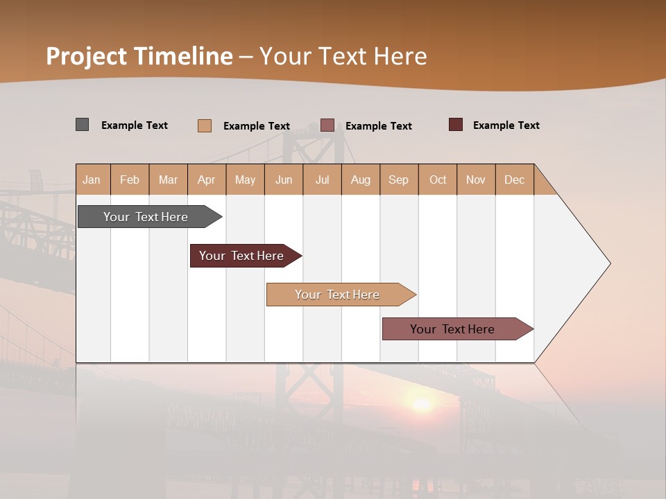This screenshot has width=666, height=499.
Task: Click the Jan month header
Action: click(x=92, y=180)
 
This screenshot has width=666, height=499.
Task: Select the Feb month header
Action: click(x=130, y=180)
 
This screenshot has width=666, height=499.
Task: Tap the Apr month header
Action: click(x=206, y=180)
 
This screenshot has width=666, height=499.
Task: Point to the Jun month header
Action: click(x=284, y=180)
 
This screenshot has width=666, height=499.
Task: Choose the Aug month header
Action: click(x=360, y=180)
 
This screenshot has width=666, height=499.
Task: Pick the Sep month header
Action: click(x=398, y=180)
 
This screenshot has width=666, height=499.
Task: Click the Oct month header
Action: click(x=438, y=180)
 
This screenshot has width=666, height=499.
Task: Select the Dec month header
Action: click(x=514, y=180)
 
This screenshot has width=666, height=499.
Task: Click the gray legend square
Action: click(x=82, y=125)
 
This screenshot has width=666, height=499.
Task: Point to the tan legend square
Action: click(x=205, y=125)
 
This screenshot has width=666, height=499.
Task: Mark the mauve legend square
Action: click(x=327, y=125)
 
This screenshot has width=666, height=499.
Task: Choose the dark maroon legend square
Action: click(x=456, y=125)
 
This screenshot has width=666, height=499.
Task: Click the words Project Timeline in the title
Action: click(x=139, y=56)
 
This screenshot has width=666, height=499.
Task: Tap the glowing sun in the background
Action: click(x=421, y=403)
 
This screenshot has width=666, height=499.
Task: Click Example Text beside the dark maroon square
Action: click(x=506, y=125)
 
